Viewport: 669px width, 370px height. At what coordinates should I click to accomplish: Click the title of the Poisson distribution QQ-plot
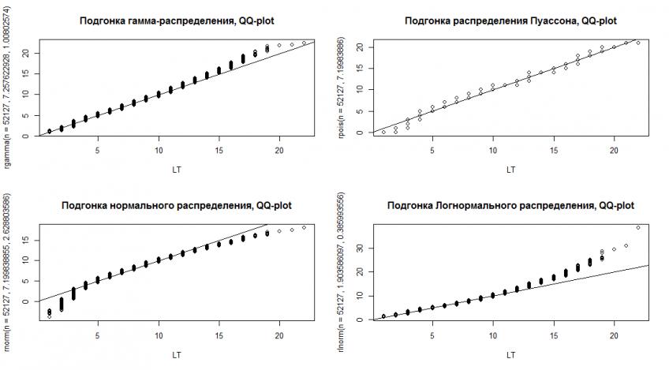510,21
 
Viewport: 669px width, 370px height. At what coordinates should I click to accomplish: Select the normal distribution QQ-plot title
177,206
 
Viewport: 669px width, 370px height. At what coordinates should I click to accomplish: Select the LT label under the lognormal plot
510,355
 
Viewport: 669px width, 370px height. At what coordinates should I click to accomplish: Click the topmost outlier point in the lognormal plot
637,227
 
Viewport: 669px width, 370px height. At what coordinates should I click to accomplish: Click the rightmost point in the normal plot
304,227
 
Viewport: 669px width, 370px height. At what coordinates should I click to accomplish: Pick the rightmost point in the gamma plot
304,43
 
